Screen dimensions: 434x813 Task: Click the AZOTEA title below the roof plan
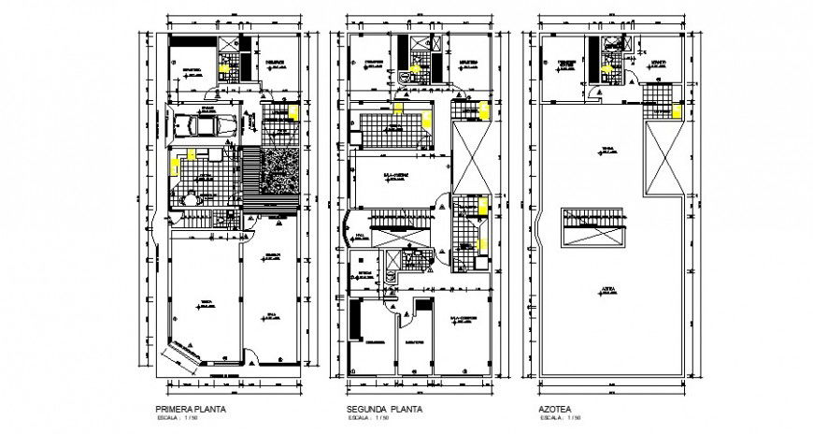550,410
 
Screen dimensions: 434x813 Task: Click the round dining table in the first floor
193,198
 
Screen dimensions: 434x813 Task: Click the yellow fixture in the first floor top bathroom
223,65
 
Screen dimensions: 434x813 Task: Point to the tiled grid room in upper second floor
390,129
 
